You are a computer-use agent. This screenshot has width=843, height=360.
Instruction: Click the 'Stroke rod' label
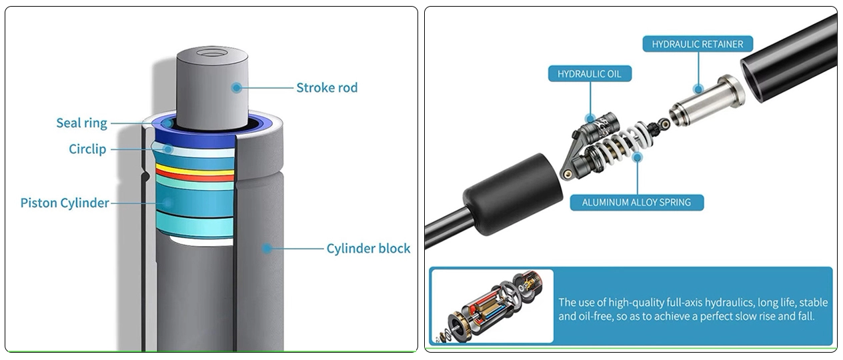pyautogui.click(x=327, y=87)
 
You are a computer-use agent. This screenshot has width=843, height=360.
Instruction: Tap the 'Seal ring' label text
pyautogui.click(x=81, y=123)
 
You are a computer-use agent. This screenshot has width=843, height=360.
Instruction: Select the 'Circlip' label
pyautogui.click(x=87, y=149)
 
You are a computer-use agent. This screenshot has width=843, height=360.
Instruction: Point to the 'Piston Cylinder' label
pyautogui.click(x=65, y=203)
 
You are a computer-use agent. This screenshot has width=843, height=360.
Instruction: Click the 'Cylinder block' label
pyautogui.click(x=368, y=249)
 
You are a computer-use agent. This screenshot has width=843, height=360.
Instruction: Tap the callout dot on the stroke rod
pyautogui.click(x=235, y=87)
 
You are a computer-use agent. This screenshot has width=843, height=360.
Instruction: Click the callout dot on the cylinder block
pyautogui.click(x=267, y=249)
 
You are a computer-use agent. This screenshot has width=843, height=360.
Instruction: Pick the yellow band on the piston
pyautogui.click(x=195, y=170)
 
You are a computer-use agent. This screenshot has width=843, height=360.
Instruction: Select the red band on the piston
pyautogui.click(x=195, y=177)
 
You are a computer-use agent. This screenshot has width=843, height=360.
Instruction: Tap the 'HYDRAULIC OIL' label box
pyautogui.click(x=590, y=73)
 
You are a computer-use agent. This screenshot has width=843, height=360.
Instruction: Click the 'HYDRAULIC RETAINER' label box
pyautogui.click(x=697, y=45)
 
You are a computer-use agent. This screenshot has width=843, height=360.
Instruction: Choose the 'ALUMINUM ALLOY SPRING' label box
pyautogui.click(x=636, y=201)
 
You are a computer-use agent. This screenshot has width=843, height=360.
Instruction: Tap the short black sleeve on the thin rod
pyautogui.click(x=508, y=193)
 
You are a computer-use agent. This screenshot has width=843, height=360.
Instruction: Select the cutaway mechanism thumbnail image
pyautogui.click(x=492, y=306)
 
